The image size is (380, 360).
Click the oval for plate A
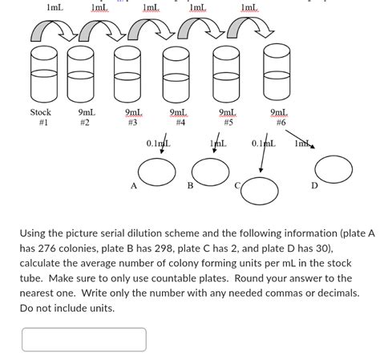click(x=156, y=171)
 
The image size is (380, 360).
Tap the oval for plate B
click(x=210, y=170)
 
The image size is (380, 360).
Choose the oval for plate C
click(x=259, y=190)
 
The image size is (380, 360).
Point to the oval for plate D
click(x=334, y=168)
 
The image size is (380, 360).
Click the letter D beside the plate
click(x=314, y=186)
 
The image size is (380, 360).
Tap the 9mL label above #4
click(x=179, y=113)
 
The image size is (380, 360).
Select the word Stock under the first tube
click(x=41, y=113)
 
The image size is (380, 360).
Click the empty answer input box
click(x=84, y=339)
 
